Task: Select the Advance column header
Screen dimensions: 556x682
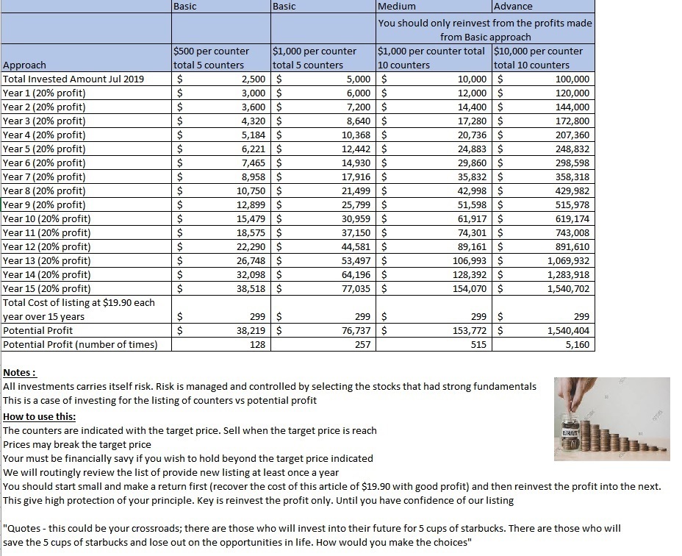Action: point(514,7)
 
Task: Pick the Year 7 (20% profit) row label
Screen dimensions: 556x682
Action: point(44,177)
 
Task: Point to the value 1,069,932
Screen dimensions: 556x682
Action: point(568,261)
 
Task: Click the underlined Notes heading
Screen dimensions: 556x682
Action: point(20,374)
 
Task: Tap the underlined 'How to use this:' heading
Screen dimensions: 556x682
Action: point(39,417)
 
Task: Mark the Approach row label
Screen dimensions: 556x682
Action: point(25,65)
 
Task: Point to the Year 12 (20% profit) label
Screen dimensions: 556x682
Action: point(47,247)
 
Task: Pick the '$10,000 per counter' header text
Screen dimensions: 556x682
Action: point(539,51)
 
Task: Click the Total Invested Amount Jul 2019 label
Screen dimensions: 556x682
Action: point(73,79)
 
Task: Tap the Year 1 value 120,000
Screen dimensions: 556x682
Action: point(572,93)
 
